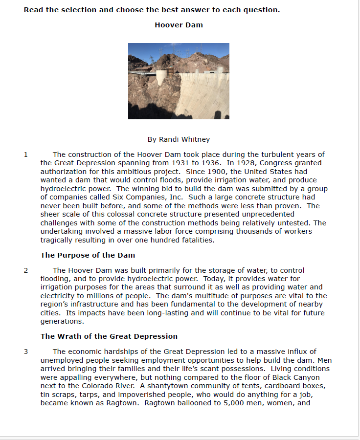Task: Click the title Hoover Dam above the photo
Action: click(x=179, y=25)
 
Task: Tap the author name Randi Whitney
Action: click(x=179, y=139)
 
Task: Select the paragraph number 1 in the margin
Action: click(x=25, y=154)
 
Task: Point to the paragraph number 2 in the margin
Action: click(x=25, y=270)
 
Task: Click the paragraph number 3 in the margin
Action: click(x=25, y=352)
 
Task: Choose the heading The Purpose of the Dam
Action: click(x=88, y=255)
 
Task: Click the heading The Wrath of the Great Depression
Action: click(x=109, y=336)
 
